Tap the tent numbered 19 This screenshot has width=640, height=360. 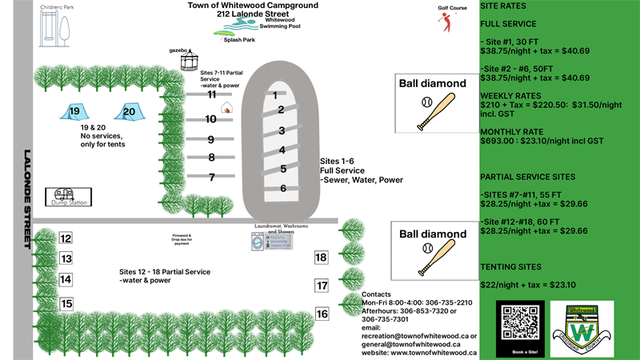[x=74, y=113]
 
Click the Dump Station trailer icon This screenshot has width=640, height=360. [x=62, y=194]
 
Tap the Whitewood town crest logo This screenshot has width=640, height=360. [x=582, y=328]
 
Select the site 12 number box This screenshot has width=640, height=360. [x=66, y=238]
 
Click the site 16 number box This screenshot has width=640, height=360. [x=322, y=314]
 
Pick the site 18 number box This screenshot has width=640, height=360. [x=321, y=258]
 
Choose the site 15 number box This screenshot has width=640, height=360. [x=66, y=304]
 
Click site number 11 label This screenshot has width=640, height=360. [x=212, y=94]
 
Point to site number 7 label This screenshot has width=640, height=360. [x=212, y=178]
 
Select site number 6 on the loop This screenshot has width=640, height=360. [x=283, y=188]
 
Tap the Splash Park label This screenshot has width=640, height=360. [x=238, y=39]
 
